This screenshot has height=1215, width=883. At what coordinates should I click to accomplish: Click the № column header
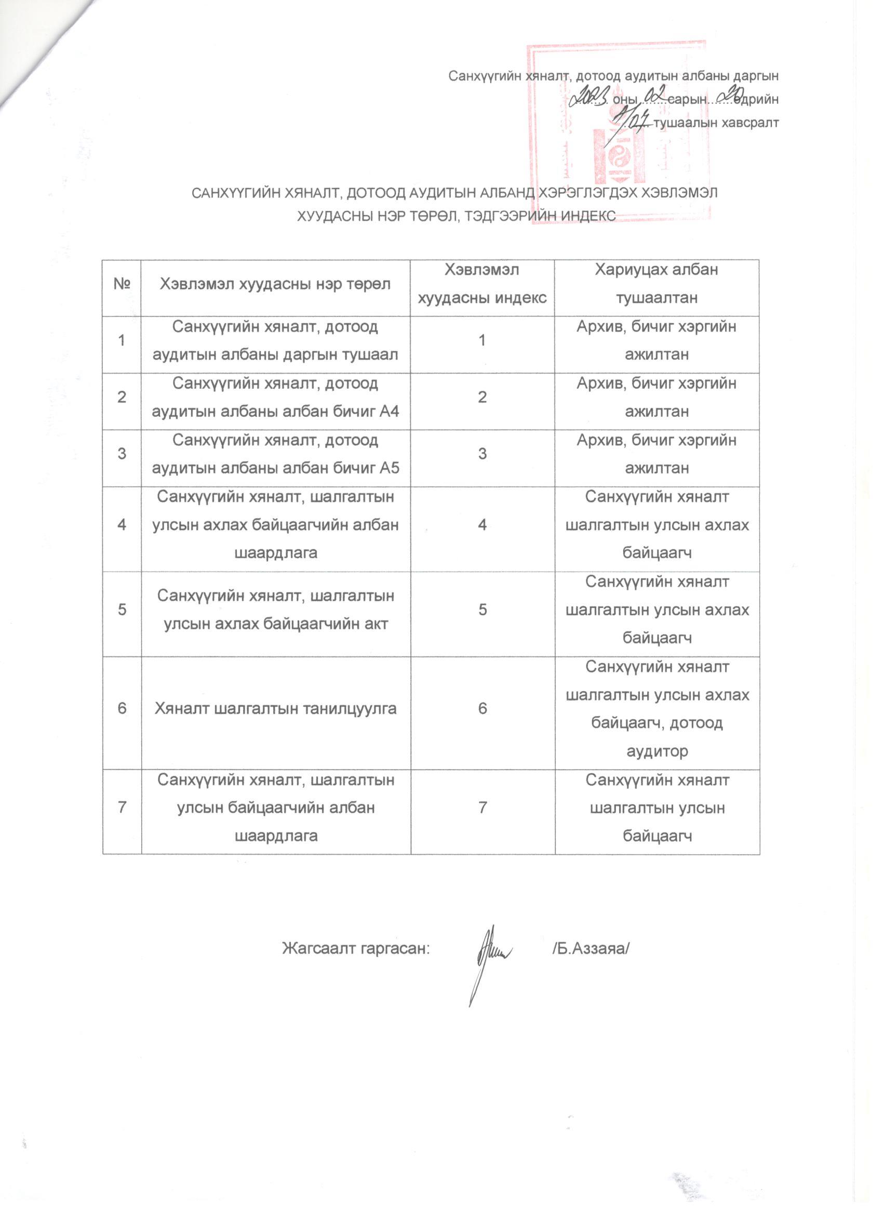(x=122, y=284)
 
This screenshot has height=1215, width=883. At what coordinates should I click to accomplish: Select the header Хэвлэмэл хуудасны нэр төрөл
(x=276, y=284)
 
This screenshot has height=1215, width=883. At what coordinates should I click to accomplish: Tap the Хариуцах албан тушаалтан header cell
(x=657, y=284)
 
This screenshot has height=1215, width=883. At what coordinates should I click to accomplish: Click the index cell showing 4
(x=483, y=524)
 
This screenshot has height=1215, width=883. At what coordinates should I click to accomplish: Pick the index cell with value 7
(x=483, y=808)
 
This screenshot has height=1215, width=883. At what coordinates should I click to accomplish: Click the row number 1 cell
(x=122, y=340)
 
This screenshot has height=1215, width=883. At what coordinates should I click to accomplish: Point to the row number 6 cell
(x=122, y=709)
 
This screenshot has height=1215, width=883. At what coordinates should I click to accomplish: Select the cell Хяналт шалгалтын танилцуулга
(x=276, y=709)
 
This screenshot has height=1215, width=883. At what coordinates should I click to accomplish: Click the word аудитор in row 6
(x=657, y=751)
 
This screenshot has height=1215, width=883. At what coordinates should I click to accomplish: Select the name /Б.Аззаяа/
(x=590, y=949)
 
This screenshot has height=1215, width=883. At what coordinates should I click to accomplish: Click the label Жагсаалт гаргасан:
(x=356, y=949)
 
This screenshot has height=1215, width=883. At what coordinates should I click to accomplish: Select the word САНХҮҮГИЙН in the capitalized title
(x=230, y=193)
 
